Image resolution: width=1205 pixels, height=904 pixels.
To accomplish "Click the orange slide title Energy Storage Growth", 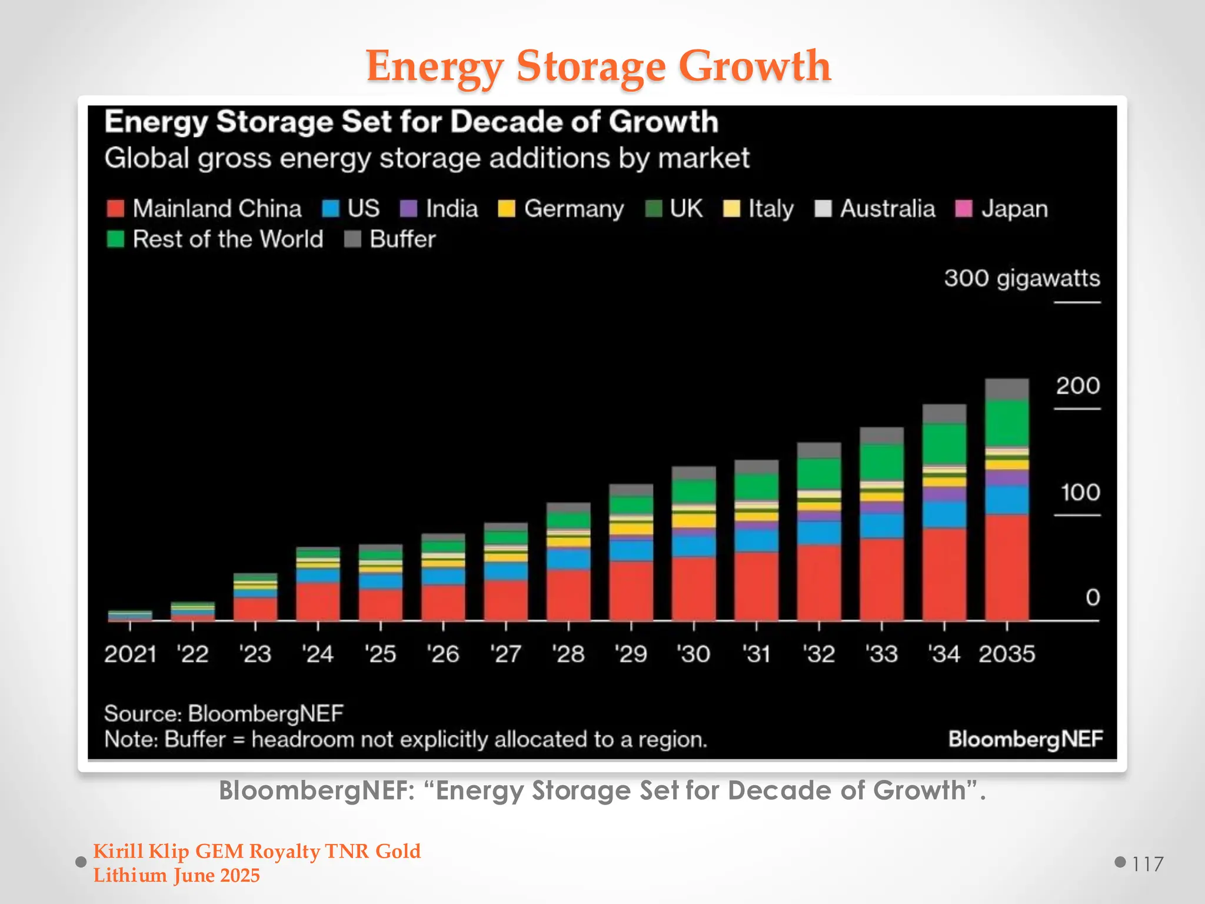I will [x=598, y=66].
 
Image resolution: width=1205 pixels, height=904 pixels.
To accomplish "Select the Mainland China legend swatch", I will [x=115, y=208].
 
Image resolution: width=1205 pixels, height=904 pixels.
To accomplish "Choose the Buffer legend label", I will [x=402, y=240].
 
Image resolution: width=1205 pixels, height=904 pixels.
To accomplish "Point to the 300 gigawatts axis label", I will [x=1021, y=278].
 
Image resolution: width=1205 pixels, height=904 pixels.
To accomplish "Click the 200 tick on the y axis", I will [x=1077, y=386].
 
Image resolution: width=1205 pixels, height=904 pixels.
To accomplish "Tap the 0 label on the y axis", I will [x=1093, y=598].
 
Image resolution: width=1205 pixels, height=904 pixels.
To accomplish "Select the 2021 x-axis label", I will [x=130, y=654].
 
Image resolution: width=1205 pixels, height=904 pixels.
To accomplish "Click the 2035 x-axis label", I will [x=1007, y=654].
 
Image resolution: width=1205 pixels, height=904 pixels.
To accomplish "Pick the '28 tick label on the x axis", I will [x=568, y=654].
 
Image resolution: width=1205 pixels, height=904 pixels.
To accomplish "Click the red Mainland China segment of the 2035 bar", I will [x=1007, y=568].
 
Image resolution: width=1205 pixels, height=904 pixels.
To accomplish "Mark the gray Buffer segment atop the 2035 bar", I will [x=1007, y=390].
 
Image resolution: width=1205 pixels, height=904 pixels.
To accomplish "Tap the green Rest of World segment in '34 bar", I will [x=944, y=444].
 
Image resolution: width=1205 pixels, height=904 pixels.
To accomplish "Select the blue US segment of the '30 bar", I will [x=694, y=546].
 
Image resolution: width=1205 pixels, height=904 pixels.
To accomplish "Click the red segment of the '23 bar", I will [x=255, y=609].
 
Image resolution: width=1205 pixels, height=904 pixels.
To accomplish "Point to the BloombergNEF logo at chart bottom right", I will [x=1025, y=739].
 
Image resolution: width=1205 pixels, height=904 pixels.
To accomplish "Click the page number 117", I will [x=1147, y=864].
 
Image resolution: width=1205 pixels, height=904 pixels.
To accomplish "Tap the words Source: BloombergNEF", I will [x=224, y=714].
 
